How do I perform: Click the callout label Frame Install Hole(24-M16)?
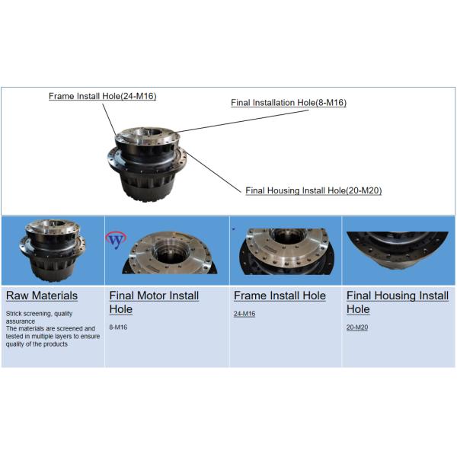coord(102,96)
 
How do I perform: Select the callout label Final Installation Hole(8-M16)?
coord(289,103)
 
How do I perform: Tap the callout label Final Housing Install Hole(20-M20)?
coord(314,190)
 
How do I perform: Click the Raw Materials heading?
coord(42,296)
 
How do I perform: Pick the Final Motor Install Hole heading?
coord(154,302)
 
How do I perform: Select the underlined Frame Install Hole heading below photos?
coord(280,296)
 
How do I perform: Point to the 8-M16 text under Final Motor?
coord(118,328)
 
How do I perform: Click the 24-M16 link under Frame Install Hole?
coord(244,314)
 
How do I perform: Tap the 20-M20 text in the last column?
coord(357,328)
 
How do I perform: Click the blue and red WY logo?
coord(116,240)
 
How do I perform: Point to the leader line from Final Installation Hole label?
coord(241,121)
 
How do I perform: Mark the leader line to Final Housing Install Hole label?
coord(213,171)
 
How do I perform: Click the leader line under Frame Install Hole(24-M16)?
coord(109,119)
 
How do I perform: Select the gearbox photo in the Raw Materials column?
coord(53,250)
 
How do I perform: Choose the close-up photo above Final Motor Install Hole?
coord(170,252)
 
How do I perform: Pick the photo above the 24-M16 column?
coord(287,251)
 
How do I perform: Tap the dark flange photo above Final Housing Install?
coord(398,250)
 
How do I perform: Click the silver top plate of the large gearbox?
coord(147,136)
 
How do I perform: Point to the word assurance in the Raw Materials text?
coord(21,321)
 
